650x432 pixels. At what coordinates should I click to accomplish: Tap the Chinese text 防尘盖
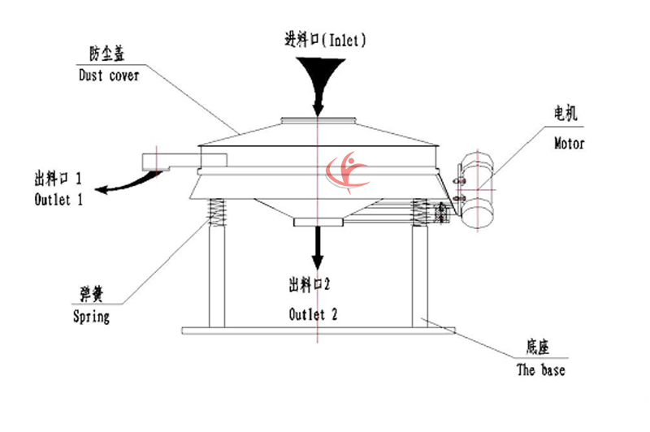tap(106, 55)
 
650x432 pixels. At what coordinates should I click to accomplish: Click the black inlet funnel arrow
tap(318, 81)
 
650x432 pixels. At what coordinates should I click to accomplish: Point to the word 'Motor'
tap(569, 144)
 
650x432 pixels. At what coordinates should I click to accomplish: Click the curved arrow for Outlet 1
tap(122, 185)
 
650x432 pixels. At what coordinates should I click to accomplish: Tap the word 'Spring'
tap(90, 316)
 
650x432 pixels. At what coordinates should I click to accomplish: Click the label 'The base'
tap(540, 370)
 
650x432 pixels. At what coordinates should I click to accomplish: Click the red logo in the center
tap(344, 171)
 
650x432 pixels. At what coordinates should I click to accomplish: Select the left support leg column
tap(217, 276)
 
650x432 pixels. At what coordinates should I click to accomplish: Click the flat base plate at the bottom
tap(318, 330)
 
